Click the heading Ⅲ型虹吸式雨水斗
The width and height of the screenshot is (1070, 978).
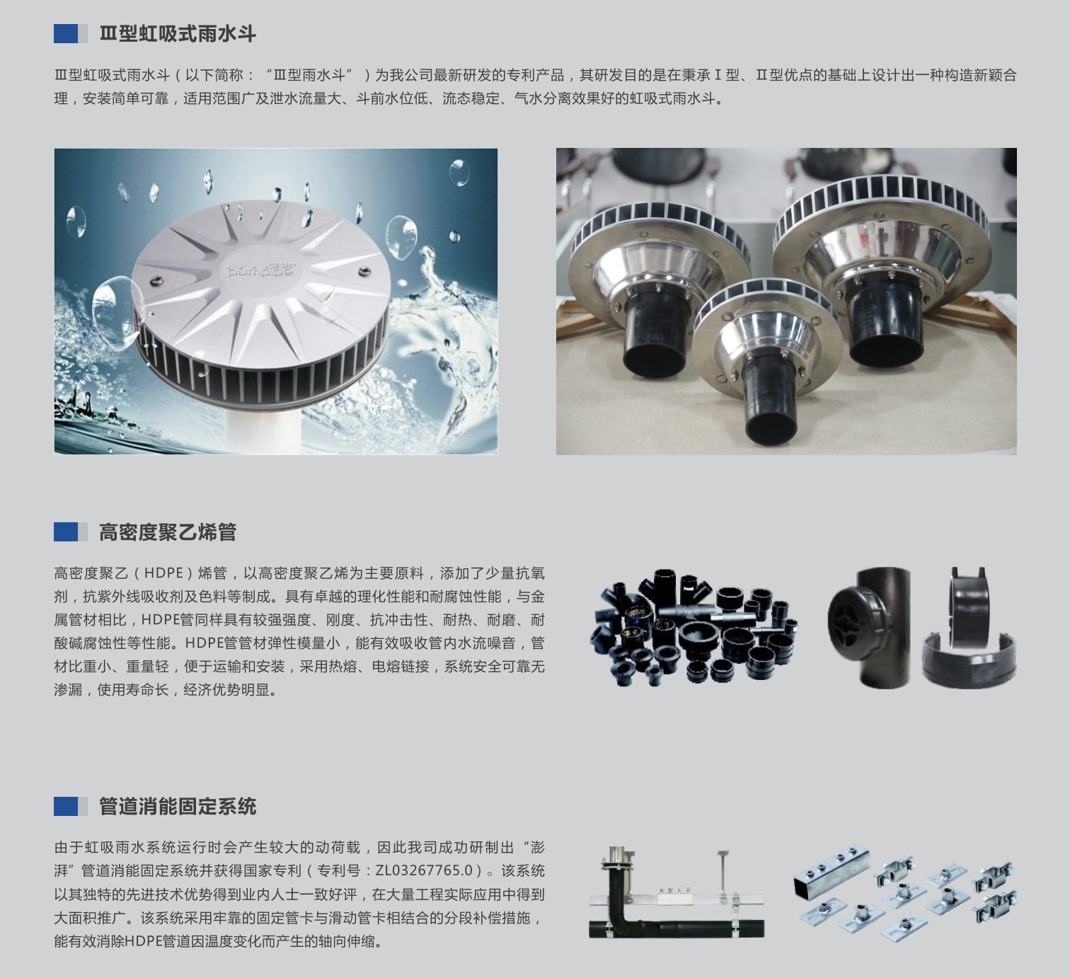pos(178,33)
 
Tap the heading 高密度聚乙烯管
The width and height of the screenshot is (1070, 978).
pos(168,532)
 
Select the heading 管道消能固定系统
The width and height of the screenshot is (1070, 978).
pos(178,806)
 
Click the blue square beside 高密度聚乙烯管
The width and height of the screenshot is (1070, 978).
pos(66,532)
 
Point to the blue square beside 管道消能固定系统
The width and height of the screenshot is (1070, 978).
pos(66,806)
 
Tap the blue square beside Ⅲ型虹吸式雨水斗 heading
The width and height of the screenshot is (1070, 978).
pos(66,33)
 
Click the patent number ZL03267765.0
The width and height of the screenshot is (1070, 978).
pos(424,870)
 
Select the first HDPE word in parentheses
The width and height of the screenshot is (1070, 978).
pos(163,573)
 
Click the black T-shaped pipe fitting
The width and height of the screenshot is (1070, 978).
pos(869,627)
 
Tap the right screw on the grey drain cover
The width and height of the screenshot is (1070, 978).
pos(364,272)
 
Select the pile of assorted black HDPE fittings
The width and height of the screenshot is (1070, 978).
pos(694,628)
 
